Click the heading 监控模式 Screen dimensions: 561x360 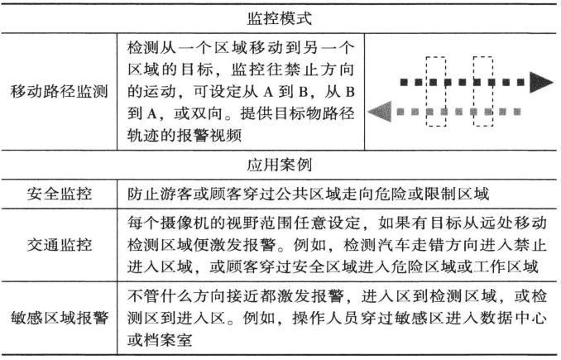click(x=281, y=16)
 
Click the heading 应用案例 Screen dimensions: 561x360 click(x=281, y=165)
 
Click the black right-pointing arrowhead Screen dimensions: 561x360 click(x=542, y=82)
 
